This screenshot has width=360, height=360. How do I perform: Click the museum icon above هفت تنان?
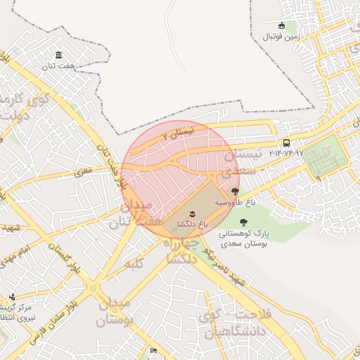tap(58, 55)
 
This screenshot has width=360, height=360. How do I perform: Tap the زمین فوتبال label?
tap(281, 36)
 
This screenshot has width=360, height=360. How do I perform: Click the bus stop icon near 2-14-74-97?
tap(286, 143)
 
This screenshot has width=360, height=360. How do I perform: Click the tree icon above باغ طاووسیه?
tap(234, 191)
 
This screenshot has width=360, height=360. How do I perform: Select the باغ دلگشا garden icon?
tap(192, 212)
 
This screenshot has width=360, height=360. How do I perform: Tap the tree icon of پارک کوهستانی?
tap(243, 222)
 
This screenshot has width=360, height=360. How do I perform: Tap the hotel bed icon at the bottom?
tap(154, 350)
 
